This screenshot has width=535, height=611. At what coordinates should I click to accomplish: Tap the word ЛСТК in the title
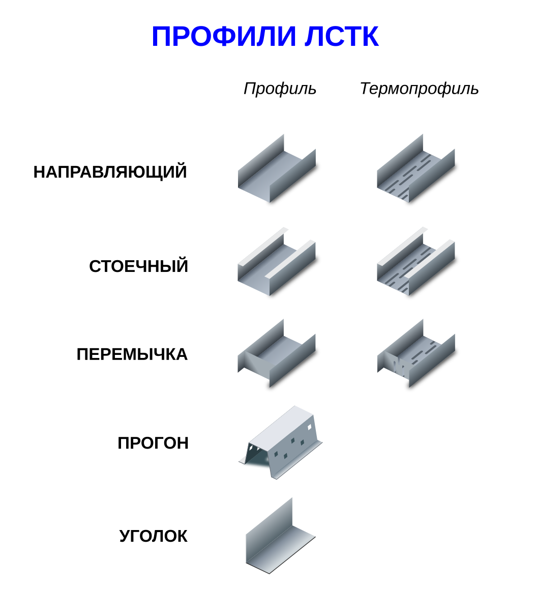point(341,37)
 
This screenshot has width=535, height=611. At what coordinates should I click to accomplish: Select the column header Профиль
point(280,89)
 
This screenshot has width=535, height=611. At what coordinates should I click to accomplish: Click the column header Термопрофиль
point(419,89)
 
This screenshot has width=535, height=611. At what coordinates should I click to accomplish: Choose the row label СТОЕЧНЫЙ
point(138,266)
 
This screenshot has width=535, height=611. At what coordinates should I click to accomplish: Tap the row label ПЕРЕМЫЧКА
point(132,354)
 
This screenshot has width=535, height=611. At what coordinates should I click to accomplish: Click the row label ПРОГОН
point(153,442)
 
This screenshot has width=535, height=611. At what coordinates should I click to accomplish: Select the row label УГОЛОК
point(153,536)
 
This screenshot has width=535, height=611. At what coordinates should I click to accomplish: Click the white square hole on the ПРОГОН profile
point(309,427)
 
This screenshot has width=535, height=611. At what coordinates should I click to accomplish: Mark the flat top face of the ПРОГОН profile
point(282,425)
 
